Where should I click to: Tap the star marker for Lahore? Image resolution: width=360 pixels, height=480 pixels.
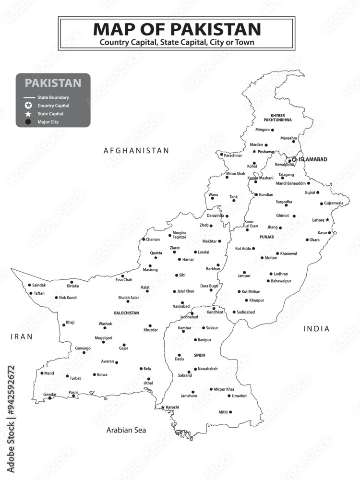327,220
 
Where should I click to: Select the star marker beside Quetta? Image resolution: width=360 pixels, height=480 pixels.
156,258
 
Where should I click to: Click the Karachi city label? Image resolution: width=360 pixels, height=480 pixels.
173,407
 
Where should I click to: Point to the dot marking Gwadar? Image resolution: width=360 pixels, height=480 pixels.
49,398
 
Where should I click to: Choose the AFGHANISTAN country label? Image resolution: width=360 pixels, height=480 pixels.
136,150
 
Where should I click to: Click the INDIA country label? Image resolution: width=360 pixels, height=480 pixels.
316,329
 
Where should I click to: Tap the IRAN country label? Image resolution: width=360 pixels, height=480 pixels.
22,336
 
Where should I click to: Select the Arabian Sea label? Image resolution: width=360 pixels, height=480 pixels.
126,430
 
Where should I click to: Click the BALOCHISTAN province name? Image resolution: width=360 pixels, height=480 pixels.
126,313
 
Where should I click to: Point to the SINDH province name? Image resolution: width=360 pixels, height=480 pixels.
200,355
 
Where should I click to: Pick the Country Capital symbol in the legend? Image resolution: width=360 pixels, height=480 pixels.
28,106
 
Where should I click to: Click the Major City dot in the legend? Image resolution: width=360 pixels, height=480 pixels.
28,122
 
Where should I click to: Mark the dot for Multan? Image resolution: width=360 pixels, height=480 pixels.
262,258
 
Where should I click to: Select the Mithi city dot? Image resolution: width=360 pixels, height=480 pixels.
230,412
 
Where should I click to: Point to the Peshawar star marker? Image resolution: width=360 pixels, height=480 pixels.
254,151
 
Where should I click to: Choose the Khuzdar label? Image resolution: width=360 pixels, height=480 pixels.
150,330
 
